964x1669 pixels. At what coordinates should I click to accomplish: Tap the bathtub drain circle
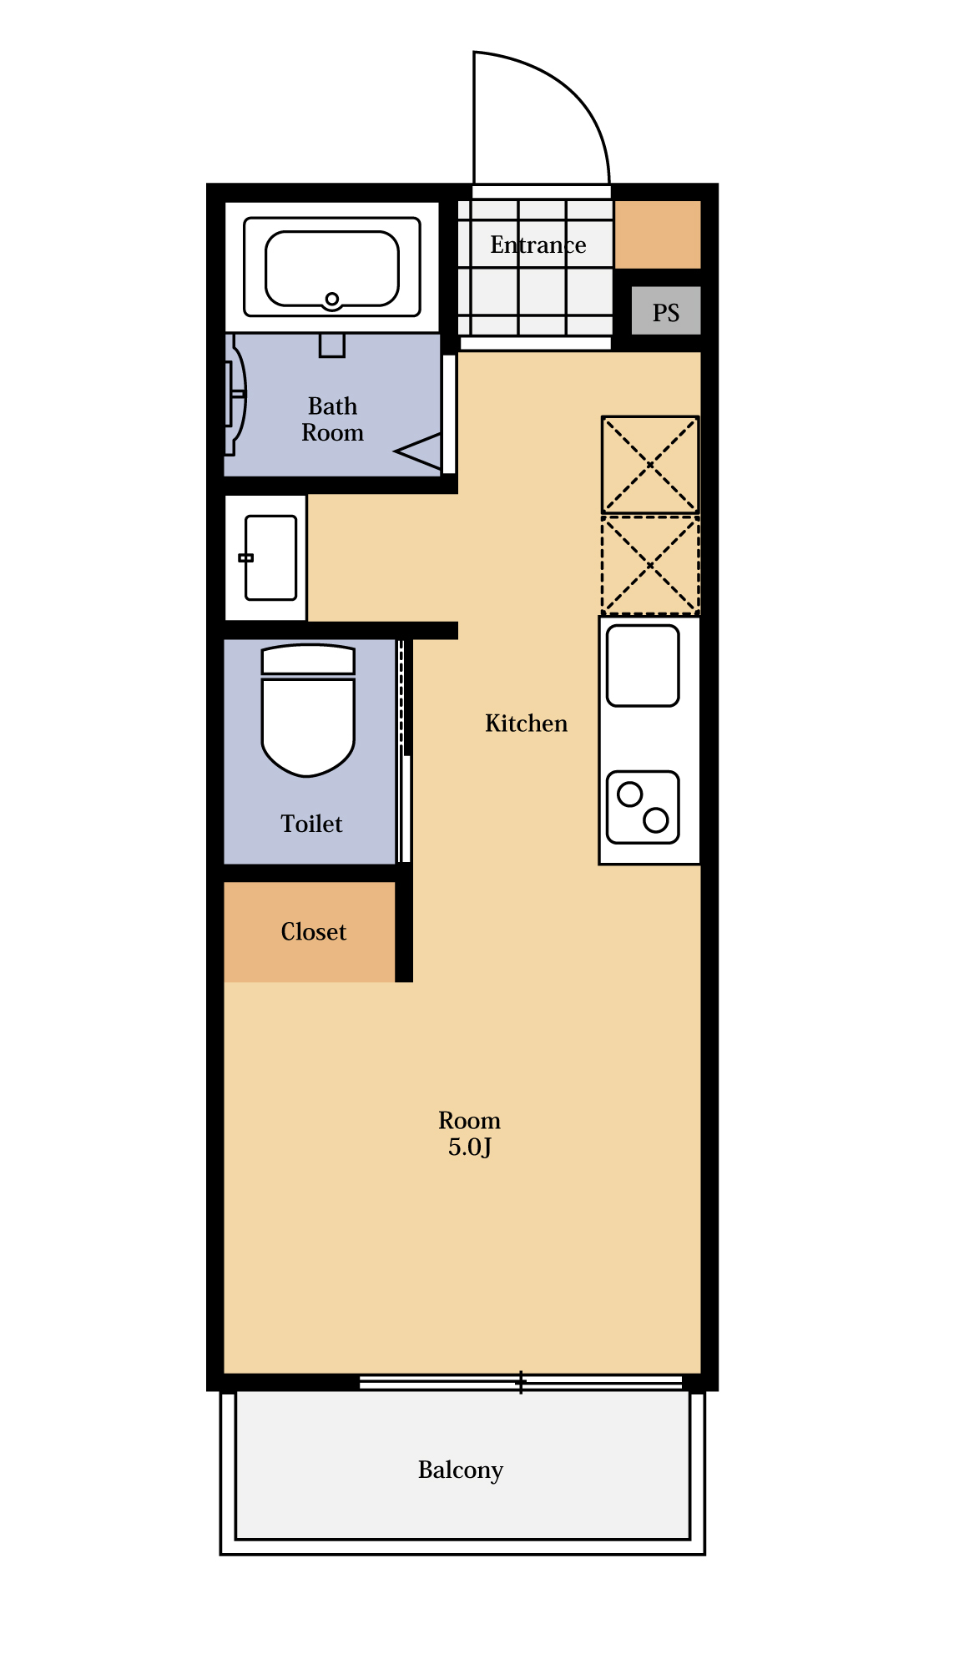coord(332,299)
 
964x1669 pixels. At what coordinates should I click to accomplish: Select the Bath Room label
coord(332,419)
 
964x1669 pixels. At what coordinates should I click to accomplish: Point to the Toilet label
coord(311,824)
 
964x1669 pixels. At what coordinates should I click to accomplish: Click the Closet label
coord(313,931)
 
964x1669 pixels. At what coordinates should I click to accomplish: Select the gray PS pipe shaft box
coord(665,310)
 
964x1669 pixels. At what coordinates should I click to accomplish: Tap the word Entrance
coord(538,245)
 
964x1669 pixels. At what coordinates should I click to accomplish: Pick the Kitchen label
coord(526,723)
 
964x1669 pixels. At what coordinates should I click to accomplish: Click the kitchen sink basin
coord(643,666)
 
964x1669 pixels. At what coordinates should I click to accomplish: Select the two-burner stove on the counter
coord(643,807)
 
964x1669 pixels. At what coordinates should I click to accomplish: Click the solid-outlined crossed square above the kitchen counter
coord(650,465)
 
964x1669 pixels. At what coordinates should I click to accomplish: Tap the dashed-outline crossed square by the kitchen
coord(650,565)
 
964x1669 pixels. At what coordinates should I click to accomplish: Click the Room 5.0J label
coord(469,1133)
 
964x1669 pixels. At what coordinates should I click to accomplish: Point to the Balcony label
coord(461,1470)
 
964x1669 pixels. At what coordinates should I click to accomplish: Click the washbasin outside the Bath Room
coord(270,557)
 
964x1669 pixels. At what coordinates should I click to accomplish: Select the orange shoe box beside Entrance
coord(658,234)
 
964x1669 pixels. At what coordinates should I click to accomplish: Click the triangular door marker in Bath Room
coord(418,451)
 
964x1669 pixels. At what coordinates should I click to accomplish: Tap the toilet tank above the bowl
coord(309,659)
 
